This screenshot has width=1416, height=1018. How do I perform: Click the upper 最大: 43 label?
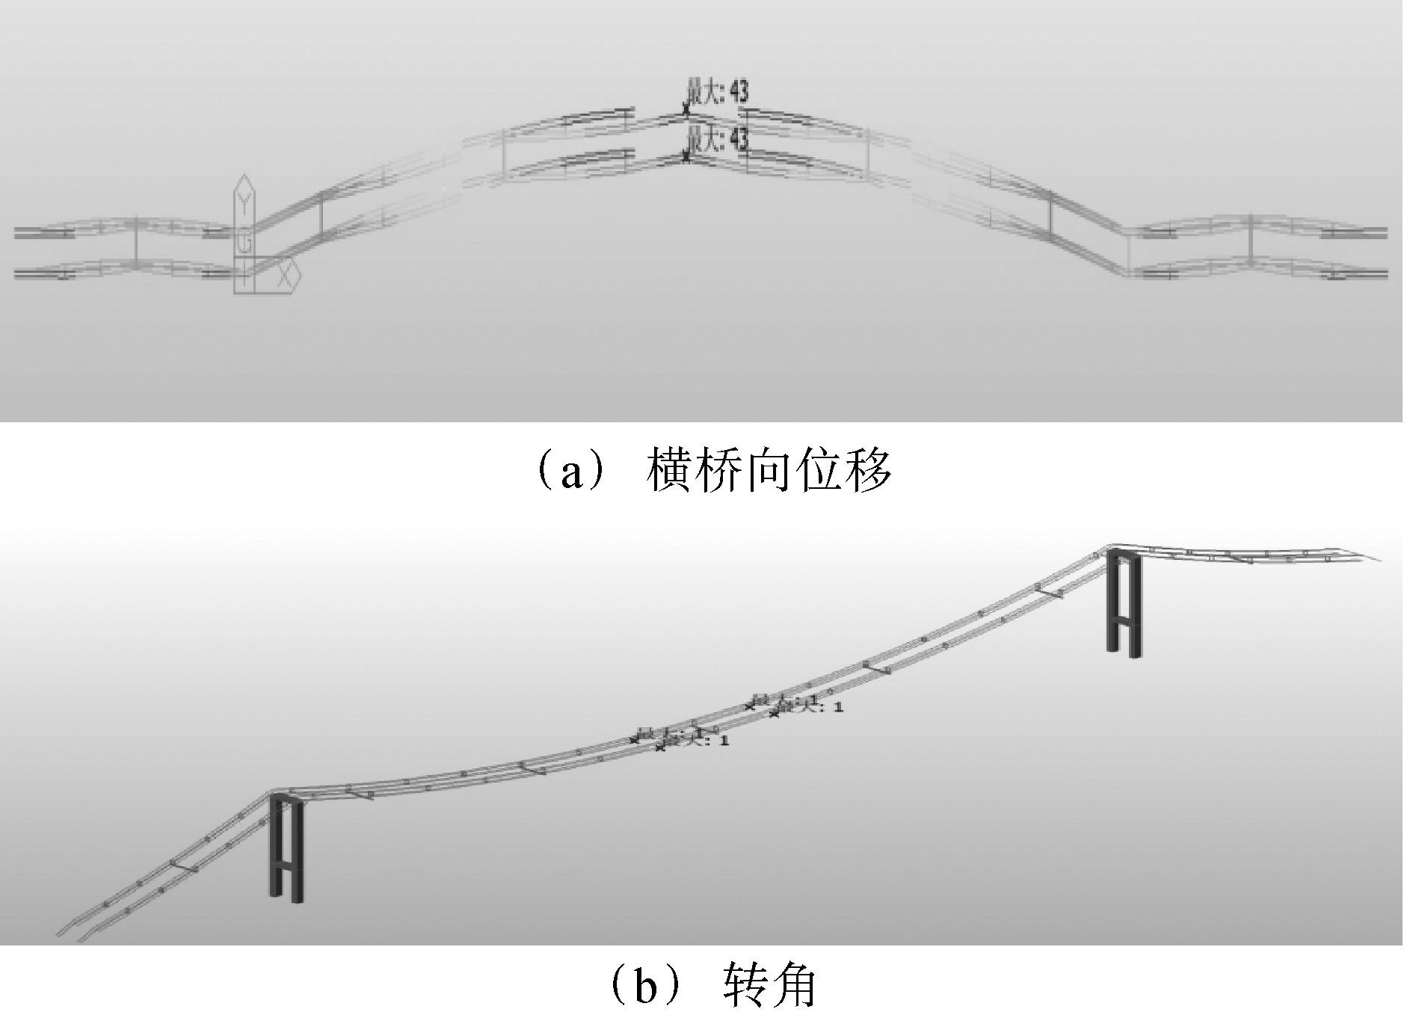pyautogui.click(x=717, y=92)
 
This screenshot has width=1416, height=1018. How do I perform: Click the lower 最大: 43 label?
pyautogui.click(x=717, y=140)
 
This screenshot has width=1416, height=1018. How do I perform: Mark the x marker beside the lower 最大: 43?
pyautogui.click(x=686, y=156)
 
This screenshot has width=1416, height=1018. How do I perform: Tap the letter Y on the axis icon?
pyautogui.click(x=244, y=200)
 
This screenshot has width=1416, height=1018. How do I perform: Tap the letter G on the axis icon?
pyautogui.click(x=244, y=243)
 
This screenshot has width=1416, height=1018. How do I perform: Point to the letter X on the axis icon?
pyautogui.click(x=285, y=276)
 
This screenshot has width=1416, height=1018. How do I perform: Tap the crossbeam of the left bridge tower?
pyautogui.click(x=286, y=866)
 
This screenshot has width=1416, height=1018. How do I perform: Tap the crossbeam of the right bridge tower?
pyautogui.click(x=1124, y=620)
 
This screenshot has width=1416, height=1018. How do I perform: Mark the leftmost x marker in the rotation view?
pyautogui.click(x=635, y=740)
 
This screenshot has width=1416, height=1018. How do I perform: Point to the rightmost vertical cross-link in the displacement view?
pyautogui.click(x=1251, y=241)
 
